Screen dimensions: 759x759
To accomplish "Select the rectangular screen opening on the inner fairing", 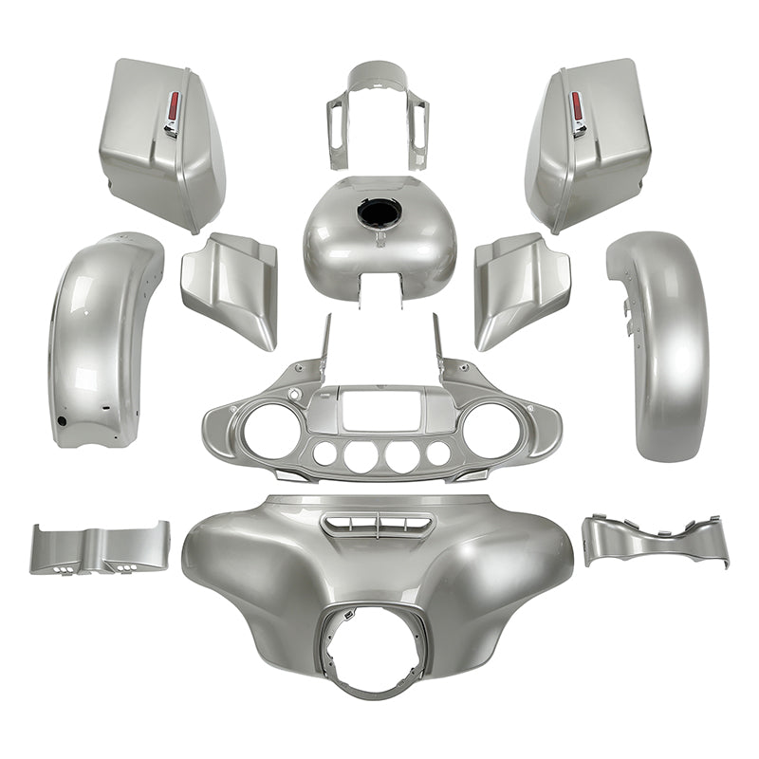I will (x=379, y=410).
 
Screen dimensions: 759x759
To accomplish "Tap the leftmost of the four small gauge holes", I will (x=324, y=454).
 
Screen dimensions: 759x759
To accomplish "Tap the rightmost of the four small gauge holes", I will (x=437, y=454).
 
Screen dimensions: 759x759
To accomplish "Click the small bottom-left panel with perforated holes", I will (x=100, y=548).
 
